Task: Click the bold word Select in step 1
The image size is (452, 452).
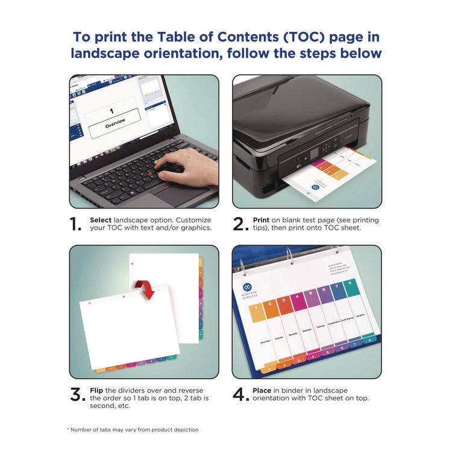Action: [x=100, y=221]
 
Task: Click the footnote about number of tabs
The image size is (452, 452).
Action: [x=132, y=429]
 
